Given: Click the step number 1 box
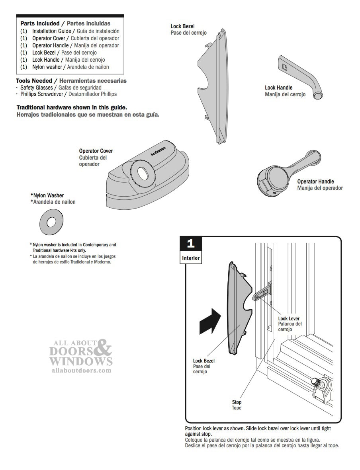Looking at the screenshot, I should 190,244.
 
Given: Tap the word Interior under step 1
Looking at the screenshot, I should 191,258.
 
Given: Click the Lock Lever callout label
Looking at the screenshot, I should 289,319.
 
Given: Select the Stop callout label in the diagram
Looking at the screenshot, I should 237,402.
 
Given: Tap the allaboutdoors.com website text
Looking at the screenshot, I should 81,370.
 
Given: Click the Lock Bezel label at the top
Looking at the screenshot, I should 182,27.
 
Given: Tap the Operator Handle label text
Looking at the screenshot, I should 315,181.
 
